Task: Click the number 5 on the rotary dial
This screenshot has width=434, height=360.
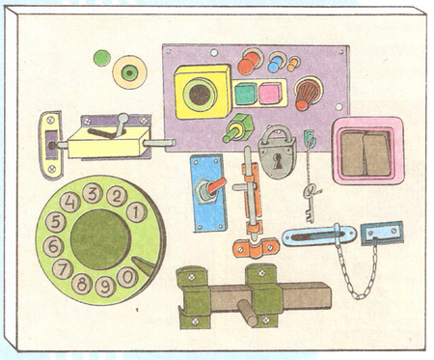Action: coord(56,223)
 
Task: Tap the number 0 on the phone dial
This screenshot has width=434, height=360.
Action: coord(127,276)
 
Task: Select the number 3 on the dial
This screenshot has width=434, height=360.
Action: coord(92,193)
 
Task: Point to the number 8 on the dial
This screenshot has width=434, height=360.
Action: coord(82,285)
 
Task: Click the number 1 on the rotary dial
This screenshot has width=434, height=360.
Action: coord(136,212)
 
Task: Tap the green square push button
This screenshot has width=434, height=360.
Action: coord(245,94)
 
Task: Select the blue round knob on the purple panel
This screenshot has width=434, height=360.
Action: coord(275,64)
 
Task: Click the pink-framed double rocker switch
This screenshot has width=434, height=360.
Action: coord(366,152)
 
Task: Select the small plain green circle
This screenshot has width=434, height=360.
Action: coord(101,58)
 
